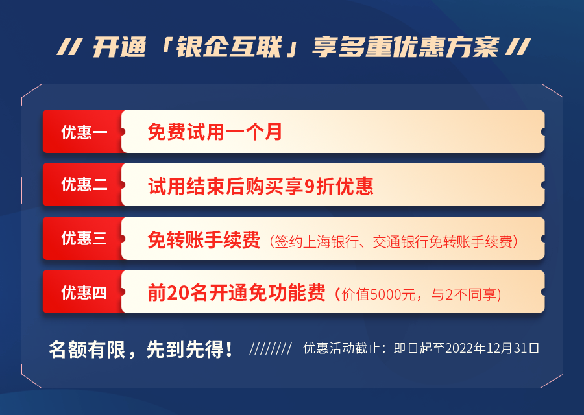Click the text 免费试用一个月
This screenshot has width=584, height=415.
(x=215, y=132)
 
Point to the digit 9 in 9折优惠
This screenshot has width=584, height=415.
(x=310, y=186)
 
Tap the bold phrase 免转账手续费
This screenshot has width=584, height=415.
(x=204, y=240)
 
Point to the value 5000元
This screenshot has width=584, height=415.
(x=393, y=295)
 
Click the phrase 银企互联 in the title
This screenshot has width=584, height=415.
(x=228, y=47)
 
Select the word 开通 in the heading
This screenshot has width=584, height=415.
(x=119, y=47)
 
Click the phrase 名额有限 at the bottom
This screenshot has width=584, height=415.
(x=87, y=349)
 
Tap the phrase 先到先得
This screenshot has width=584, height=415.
(x=185, y=349)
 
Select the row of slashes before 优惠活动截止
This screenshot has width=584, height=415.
(x=271, y=349)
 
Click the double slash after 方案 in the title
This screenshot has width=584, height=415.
(x=518, y=47)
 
